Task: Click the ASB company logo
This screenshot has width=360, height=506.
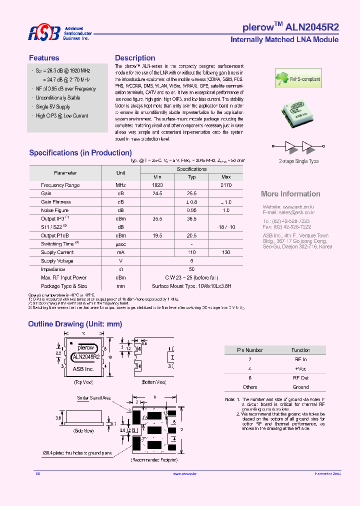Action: click(44, 33)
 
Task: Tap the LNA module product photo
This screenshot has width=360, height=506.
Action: click(298, 113)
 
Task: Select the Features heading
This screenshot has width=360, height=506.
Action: click(44, 58)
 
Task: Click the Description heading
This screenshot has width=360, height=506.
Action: click(135, 58)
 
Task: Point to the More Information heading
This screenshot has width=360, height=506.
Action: click(290, 194)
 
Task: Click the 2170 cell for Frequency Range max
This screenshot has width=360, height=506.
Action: click(226, 185)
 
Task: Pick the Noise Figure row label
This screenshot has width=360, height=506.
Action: click(55, 210)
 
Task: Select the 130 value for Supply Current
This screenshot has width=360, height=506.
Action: click(226, 252)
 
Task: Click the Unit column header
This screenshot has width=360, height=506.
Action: click(120, 172)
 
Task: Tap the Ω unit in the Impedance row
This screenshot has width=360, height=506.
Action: click(120, 269)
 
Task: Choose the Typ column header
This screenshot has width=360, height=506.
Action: click(191, 177)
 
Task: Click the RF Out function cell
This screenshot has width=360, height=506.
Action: click(300, 378)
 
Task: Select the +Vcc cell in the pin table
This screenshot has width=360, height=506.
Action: click(300, 368)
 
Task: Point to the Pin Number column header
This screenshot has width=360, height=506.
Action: click(250, 350)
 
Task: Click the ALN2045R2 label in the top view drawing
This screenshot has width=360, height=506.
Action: click(86, 357)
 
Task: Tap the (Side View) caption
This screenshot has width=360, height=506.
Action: click(83, 430)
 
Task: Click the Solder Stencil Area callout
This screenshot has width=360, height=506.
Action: click(94, 398)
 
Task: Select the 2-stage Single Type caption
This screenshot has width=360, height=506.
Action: click(298, 161)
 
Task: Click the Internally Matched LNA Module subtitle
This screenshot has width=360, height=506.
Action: click(284, 39)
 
